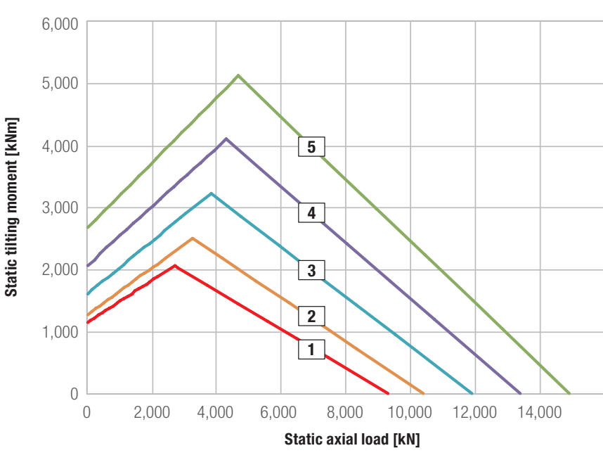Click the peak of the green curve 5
coord(238,75)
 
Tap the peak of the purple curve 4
coord(226,139)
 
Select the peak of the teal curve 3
coord(211,193)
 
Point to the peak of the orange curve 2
coord(193,238)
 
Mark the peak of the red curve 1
coord(175,265)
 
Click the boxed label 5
coord(311,147)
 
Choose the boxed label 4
coord(311,212)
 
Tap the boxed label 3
coord(311,270)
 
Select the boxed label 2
coord(311,316)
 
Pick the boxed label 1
coord(311,349)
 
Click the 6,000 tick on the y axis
coord(60,24)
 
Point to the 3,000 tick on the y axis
coord(60,208)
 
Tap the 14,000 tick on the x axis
coord(540,412)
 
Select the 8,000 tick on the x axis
coord(345,412)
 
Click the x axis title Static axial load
coord(337,439)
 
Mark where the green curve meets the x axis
coord(569,393)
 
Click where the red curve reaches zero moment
coord(388,393)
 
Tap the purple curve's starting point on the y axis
coord(88,266)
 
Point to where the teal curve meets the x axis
coord(472,393)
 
